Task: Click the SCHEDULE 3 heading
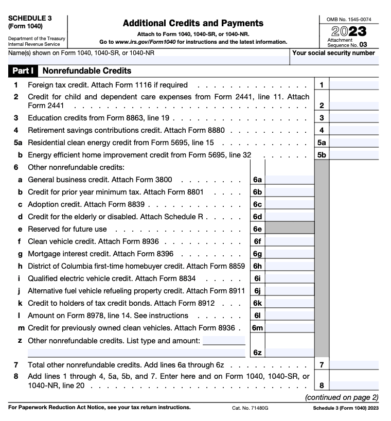click(x=30, y=17)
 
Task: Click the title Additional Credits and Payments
click(x=193, y=23)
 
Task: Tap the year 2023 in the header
click(x=349, y=31)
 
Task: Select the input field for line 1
click(x=353, y=85)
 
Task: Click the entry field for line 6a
click(x=289, y=180)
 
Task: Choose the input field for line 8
click(x=353, y=385)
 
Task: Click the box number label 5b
click(x=322, y=154)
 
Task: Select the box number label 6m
click(x=257, y=328)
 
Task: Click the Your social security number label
click(x=333, y=53)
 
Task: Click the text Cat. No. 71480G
click(x=250, y=408)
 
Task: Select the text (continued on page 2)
click(x=341, y=397)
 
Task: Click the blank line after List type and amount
click(x=224, y=341)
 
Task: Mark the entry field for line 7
click(x=353, y=365)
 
